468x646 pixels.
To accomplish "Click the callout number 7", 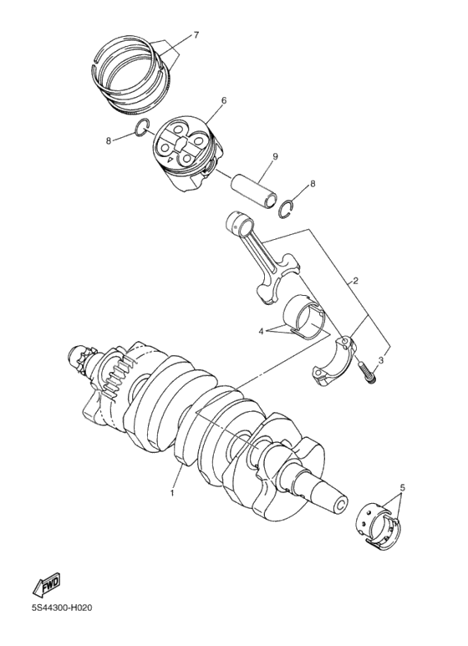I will click(196, 35).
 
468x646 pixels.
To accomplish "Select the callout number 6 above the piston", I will click(201, 100).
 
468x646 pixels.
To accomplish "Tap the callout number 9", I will click(273, 156).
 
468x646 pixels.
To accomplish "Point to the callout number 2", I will click(355, 281).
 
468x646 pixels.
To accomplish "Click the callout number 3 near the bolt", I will click(381, 359).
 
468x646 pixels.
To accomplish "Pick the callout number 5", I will click(402, 487).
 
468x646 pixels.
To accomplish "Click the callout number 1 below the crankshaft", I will click(173, 493).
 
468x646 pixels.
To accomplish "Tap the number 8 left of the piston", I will click(108, 140).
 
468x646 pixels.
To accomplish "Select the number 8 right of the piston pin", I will click(313, 183).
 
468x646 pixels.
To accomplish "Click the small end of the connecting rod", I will click(241, 224).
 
